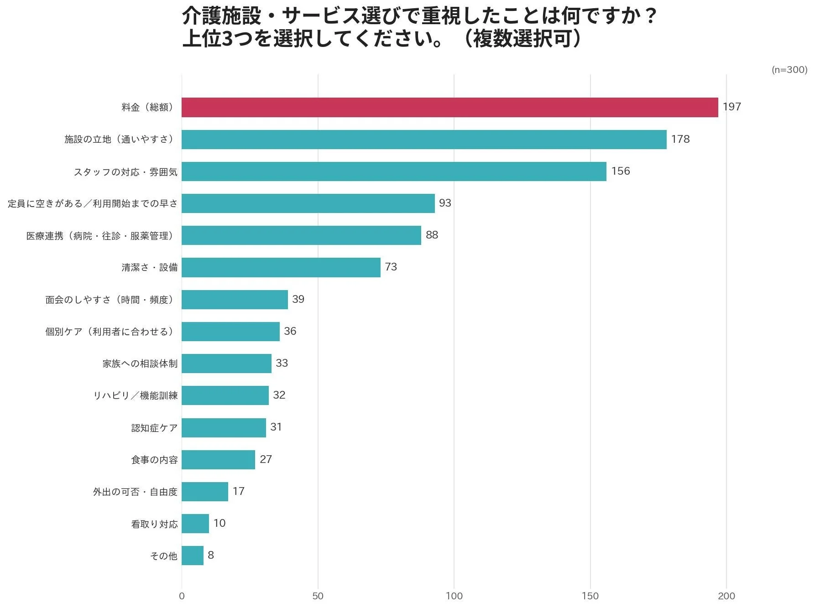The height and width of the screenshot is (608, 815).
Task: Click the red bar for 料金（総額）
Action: (x=449, y=107)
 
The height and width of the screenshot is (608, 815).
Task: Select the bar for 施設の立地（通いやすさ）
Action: (x=424, y=140)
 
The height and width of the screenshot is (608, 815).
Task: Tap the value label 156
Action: (x=620, y=171)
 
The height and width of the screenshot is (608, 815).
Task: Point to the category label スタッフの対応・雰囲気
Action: (x=125, y=172)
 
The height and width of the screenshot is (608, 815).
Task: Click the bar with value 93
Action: (x=308, y=203)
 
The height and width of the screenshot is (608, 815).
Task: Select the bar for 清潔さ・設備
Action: (x=281, y=267)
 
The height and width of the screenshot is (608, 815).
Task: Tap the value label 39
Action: (x=298, y=299)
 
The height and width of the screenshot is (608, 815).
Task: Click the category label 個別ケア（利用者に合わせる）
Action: (x=111, y=332)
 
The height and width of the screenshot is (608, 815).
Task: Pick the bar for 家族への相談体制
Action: (x=226, y=364)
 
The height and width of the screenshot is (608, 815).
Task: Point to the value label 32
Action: (x=279, y=395)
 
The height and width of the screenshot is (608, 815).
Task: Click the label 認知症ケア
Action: (x=154, y=428)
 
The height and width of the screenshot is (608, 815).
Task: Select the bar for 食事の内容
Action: (x=218, y=460)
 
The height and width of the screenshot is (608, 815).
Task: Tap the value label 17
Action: (x=238, y=491)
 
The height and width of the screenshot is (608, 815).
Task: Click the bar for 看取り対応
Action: (x=195, y=524)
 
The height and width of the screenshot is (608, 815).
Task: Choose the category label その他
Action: (x=163, y=556)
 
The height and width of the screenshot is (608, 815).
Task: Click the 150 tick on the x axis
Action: (x=590, y=596)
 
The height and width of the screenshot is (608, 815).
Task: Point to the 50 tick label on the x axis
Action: (x=318, y=596)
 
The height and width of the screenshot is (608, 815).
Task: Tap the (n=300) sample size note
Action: (x=789, y=70)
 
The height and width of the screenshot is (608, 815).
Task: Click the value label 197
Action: (x=731, y=107)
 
